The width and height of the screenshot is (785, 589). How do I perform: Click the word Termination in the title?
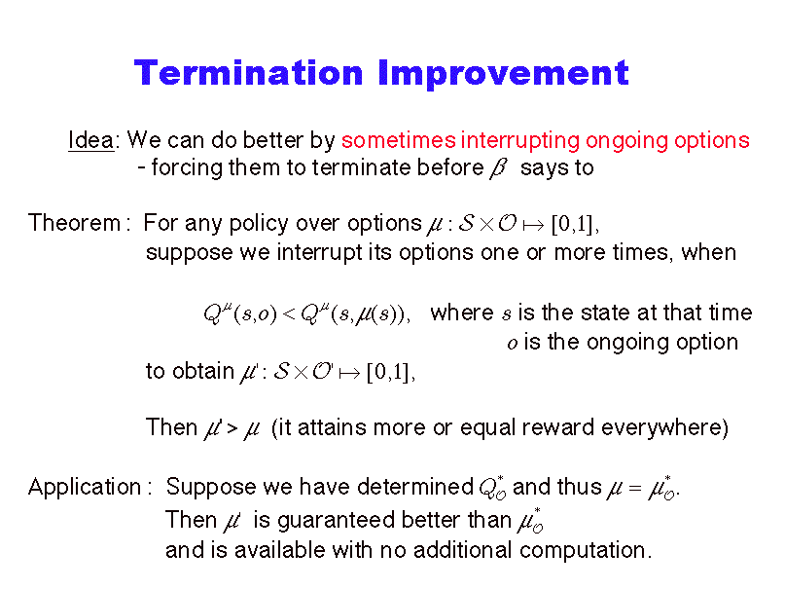[248, 73]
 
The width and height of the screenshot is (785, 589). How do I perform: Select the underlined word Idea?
[91, 140]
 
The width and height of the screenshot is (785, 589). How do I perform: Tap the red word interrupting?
[520, 141]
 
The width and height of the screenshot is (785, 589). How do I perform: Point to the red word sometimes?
[399, 141]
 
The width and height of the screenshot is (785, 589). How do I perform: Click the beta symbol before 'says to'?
[498, 168]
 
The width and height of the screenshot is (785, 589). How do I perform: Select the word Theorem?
[74, 223]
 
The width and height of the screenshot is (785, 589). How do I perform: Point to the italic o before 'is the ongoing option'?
[513, 344]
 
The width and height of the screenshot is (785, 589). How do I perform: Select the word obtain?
[203, 371]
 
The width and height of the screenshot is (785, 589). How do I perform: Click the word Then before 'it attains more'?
[171, 427]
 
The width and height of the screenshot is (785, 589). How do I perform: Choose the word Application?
[85, 488]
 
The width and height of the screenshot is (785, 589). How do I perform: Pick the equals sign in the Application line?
[635, 488]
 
